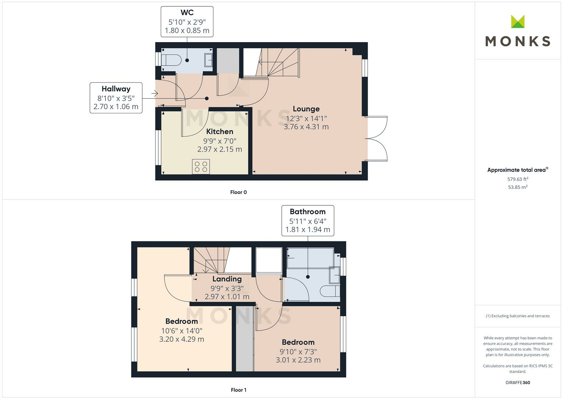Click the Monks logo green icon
click(x=517, y=21)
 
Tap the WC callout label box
click(x=187, y=22)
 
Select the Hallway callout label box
click(x=116, y=98)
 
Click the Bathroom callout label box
click(x=307, y=221)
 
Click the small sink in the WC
click(x=208, y=59)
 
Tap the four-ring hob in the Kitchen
click(x=201, y=167)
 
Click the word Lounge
click(x=306, y=109)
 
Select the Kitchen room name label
click(x=219, y=132)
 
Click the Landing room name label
click(x=227, y=279)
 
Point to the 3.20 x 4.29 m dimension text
click(x=181, y=339)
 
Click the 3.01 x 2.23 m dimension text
click(x=298, y=360)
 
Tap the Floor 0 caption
click(x=239, y=192)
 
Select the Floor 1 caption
click(x=239, y=390)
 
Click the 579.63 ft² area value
click(x=517, y=179)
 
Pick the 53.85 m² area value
click(x=517, y=187)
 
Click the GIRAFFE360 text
click(x=517, y=382)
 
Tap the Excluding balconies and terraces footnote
click(x=517, y=316)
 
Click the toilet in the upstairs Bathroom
click(x=329, y=291)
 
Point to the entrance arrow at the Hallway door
click(x=154, y=94)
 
